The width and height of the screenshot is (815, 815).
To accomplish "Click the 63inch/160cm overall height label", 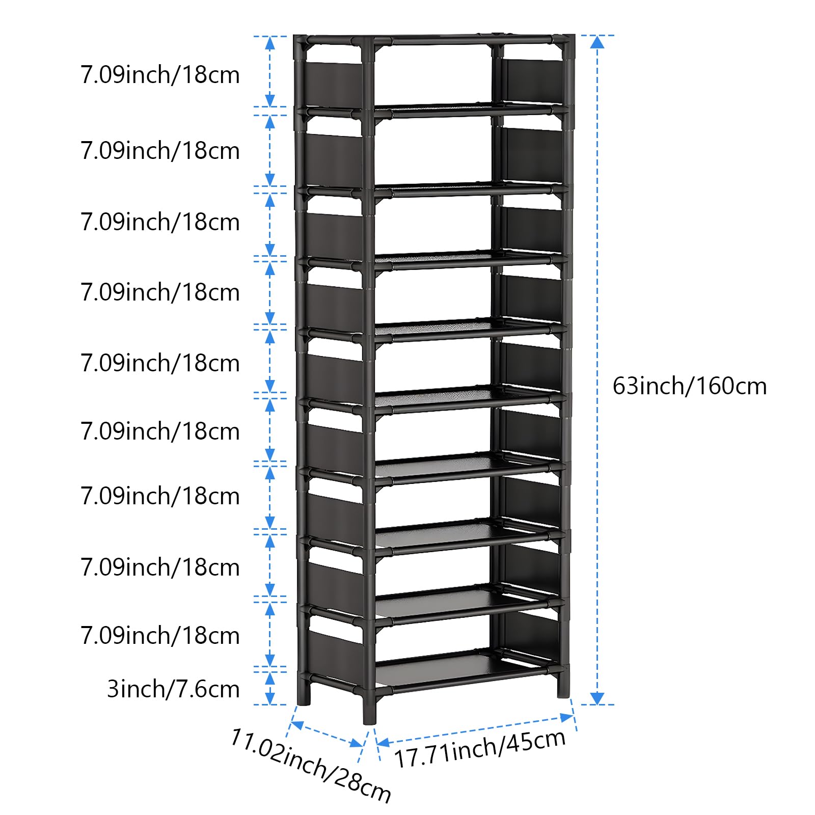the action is tap(689, 386).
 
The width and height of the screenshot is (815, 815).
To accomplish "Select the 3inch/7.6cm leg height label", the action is tap(173, 689).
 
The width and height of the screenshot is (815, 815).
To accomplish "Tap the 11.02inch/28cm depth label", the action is tap(310, 768).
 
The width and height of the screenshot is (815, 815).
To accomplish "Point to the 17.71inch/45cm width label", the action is tap(480, 748).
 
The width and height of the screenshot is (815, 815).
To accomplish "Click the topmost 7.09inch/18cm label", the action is tap(160, 75).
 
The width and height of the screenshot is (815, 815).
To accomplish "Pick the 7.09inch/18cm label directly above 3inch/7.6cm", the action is tap(160, 636).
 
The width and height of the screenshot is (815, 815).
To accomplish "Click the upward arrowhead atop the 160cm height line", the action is tap(597, 42).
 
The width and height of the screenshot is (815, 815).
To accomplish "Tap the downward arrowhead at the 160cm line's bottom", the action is tap(597, 698).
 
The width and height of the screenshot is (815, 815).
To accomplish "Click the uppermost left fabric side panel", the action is tap(334, 81).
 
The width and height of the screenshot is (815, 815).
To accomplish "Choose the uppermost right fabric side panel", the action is tap(532, 81).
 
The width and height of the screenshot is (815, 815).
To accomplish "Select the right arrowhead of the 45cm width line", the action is tap(566, 718).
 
